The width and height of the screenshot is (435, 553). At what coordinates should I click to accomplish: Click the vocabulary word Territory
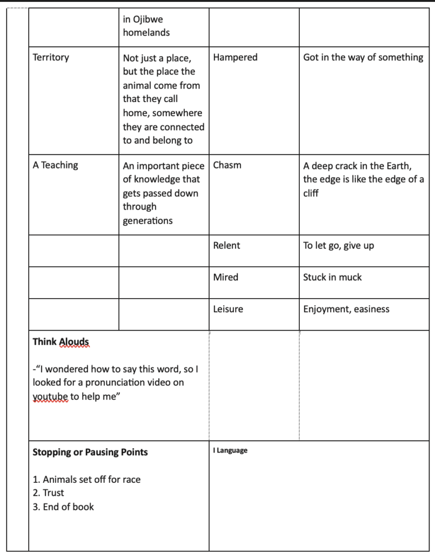pos(51,57)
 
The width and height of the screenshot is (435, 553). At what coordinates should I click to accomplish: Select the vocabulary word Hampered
pos(235,57)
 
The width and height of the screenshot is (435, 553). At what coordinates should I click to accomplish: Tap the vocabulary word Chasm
pos(227,165)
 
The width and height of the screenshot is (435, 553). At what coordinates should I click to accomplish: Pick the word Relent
pos(226,246)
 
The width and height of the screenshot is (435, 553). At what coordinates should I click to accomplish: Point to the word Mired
pos(225,277)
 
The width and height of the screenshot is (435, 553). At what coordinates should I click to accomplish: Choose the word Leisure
pos(228,309)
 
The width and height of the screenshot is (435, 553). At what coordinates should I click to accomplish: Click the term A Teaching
pos(55,165)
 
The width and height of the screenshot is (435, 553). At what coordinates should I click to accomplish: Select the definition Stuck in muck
pos(332,277)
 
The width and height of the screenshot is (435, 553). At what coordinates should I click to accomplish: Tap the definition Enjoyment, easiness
pos(346,309)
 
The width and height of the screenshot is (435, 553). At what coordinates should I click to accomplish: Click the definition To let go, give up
pos(338,246)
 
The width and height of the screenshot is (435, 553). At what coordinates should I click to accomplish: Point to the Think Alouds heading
pos(61,342)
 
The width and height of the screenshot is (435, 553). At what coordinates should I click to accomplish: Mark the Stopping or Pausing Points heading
pos(90,452)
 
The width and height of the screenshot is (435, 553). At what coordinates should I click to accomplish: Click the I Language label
pos(230,450)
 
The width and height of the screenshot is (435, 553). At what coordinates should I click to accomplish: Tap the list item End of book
pos(68,507)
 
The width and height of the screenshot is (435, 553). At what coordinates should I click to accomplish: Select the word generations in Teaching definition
pos(148,220)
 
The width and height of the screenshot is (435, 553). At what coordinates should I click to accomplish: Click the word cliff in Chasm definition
pos(311,193)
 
